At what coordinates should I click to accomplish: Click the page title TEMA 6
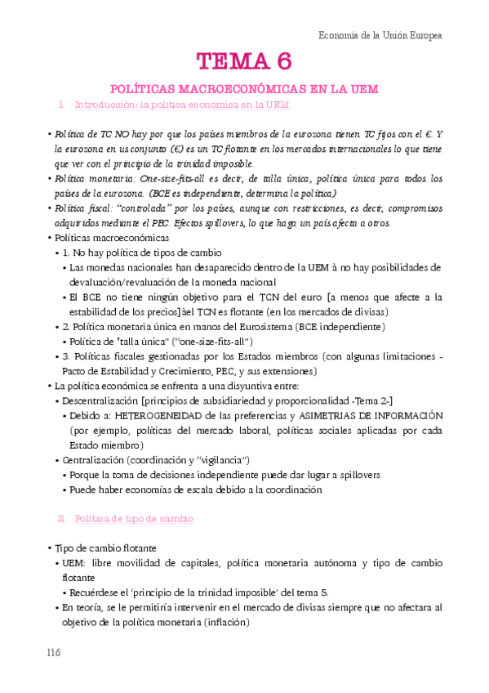point(243,61)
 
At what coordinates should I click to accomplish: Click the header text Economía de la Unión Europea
point(380,35)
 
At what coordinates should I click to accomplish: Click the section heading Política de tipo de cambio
point(135,518)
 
